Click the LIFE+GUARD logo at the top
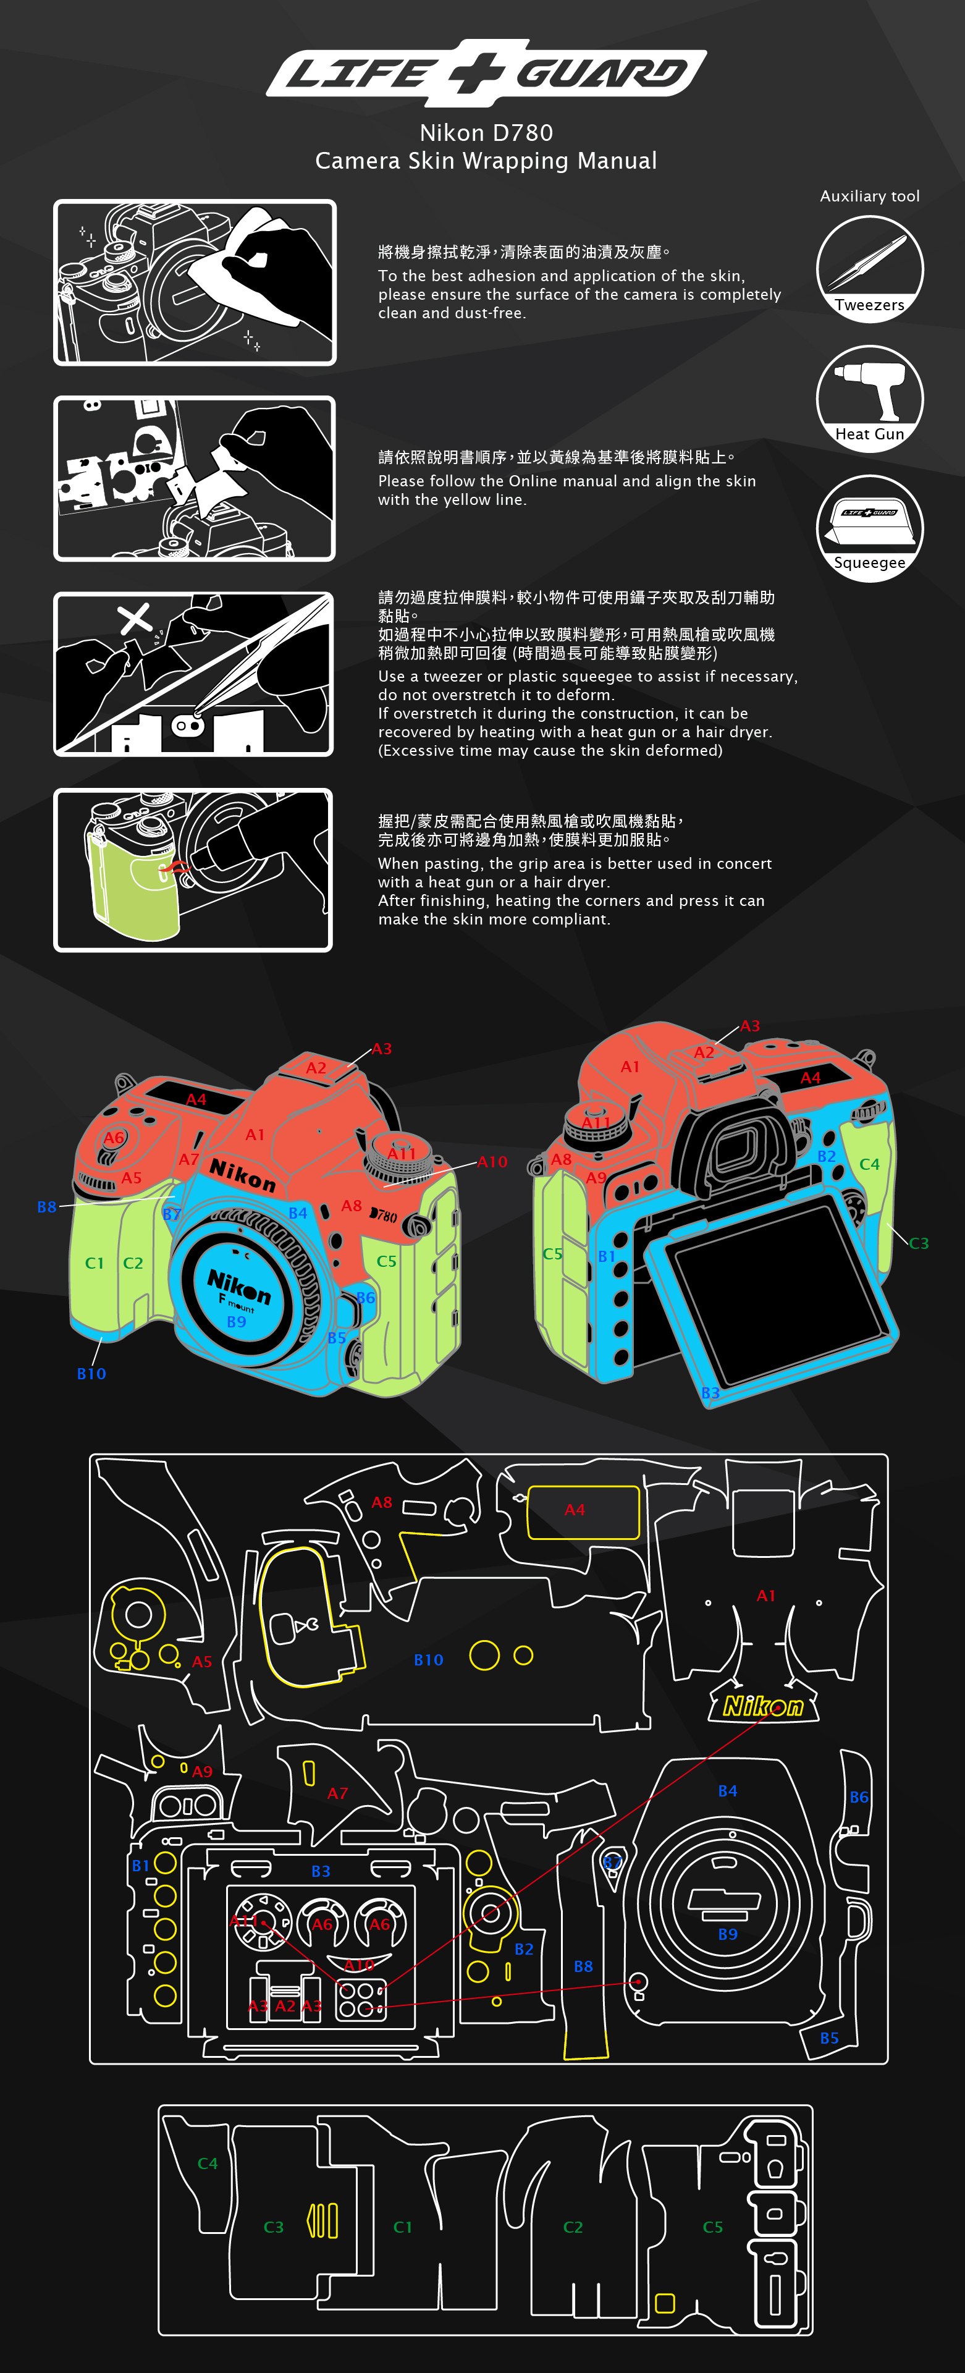coord(486,72)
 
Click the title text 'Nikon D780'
coord(486,133)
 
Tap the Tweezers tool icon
coord(869,269)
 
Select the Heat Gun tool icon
coord(869,398)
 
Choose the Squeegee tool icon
coord(869,528)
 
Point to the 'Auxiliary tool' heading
coord(869,197)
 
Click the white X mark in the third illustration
coord(135,619)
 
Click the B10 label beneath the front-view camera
coord(91,1374)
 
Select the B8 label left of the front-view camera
coord(46,1207)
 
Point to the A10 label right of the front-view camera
coord(492,1162)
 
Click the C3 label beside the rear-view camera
coord(918,1243)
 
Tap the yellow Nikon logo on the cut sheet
coord(764,1706)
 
